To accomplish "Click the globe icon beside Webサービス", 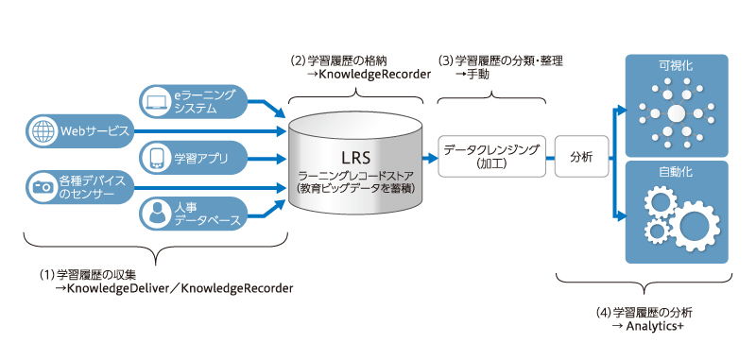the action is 42,130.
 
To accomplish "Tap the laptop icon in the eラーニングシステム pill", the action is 156,102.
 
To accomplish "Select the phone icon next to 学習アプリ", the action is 156,158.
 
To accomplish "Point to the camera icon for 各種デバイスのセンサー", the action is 42,187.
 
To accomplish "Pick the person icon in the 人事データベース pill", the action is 156,214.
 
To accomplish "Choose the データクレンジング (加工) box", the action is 491,157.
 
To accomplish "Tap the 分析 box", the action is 581,157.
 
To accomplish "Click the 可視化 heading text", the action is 676,65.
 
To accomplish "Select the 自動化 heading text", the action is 676,172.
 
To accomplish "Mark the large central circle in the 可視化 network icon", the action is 676,113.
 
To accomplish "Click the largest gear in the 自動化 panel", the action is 692,223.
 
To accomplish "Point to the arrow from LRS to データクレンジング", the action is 430,157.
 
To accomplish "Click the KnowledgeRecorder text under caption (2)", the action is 374,75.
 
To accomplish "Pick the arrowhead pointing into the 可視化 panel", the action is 622,111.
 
